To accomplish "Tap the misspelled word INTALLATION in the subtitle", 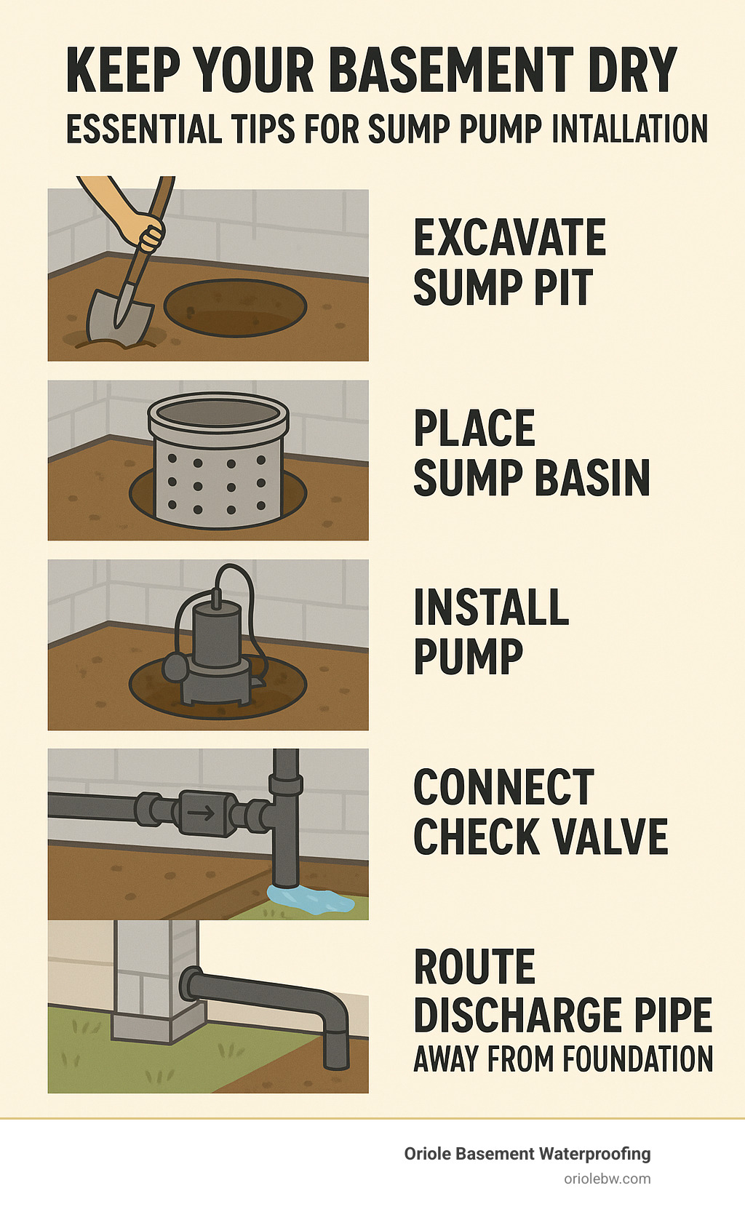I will point(629,129).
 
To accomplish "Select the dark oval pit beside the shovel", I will point(234,307).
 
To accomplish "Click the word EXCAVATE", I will point(509,238).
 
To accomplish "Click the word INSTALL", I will point(491,608).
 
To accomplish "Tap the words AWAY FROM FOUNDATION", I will point(563,1059).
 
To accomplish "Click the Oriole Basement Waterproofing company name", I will point(527,1154).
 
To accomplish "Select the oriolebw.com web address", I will point(607,1179).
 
